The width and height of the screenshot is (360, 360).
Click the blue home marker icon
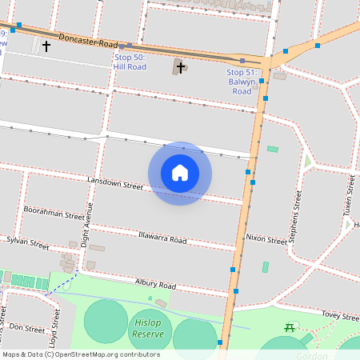point(180,173)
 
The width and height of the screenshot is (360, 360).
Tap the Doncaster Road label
point(88,40)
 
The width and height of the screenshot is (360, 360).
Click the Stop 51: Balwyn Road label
point(242,82)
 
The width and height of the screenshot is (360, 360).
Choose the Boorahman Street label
point(54,212)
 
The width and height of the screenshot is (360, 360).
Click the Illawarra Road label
point(162,238)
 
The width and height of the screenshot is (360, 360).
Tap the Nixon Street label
point(266,239)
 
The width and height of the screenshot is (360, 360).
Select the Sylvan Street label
point(28,240)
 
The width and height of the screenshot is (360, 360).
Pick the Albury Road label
point(155,284)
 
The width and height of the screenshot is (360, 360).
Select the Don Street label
point(26,328)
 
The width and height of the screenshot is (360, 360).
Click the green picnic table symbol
point(290,328)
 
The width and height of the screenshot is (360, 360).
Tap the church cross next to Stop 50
point(181,67)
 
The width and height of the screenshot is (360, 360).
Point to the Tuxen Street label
point(350,195)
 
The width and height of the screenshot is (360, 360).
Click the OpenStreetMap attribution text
point(80,354)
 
